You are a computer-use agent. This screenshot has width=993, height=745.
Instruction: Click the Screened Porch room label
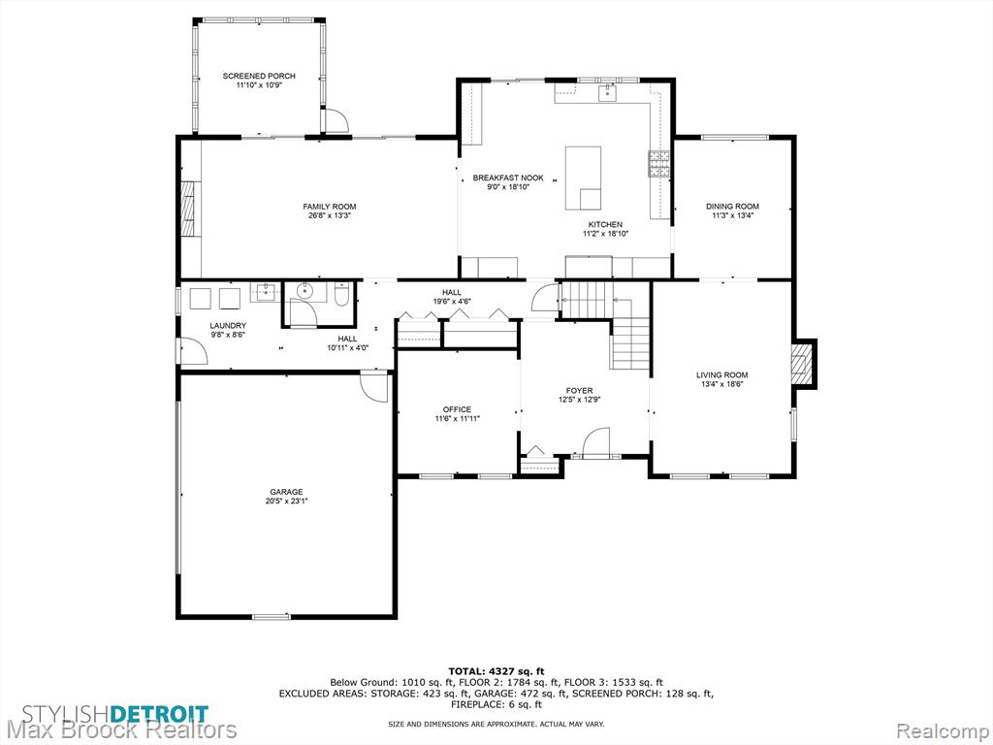(x=258, y=76)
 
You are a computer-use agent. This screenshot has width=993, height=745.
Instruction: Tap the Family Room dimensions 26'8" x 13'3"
(x=330, y=215)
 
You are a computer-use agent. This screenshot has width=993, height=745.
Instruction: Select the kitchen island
(x=583, y=178)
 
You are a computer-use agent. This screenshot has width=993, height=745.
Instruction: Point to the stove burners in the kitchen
(x=658, y=163)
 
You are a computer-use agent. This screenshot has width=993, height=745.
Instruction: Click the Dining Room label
(x=732, y=207)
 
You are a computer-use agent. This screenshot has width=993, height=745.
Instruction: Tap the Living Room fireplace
(x=803, y=363)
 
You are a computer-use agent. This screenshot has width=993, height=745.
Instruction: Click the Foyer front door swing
(x=595, y=442)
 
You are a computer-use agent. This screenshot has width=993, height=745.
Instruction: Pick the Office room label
(x=458, y=410)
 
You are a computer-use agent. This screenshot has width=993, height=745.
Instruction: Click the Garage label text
(x=286, y=492)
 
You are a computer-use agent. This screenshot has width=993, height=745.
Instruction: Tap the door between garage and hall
(x=373, y=386)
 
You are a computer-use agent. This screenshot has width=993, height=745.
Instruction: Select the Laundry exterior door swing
(x=194, y=351)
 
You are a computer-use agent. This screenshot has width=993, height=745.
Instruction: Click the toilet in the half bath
(x=341, y=295)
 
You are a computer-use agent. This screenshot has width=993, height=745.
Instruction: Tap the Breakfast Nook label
(x=508, y=178)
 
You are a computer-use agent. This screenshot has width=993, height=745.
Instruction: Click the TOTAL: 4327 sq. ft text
(x=496, y=671)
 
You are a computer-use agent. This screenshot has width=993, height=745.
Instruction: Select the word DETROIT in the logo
(x=159, y=714)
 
